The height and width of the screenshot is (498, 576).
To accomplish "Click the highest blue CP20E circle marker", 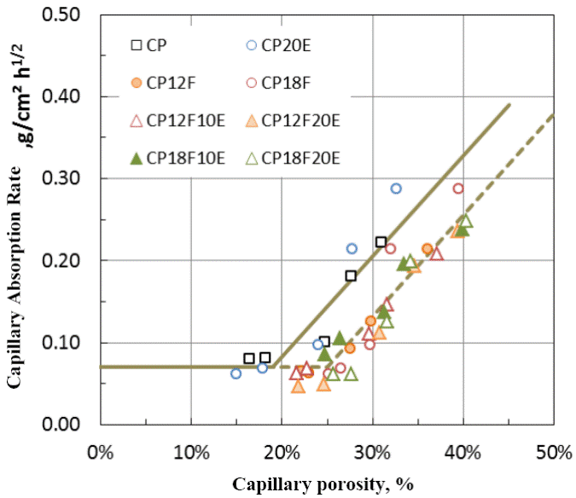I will [396, 188].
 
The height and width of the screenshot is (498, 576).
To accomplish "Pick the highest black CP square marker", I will [381, 242].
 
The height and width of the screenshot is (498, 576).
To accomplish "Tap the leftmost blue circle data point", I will [236, 373].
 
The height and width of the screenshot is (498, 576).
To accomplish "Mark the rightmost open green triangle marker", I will [466, 221].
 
